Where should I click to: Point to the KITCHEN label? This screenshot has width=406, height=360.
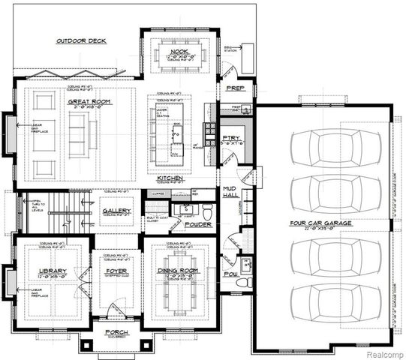pos(172,179)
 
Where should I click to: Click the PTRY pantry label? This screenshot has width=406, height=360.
pos(230,139)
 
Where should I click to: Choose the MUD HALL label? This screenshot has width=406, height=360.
pos(230,191)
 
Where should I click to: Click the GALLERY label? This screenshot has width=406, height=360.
pos(117,211)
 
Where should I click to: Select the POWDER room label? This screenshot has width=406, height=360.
pos(198,224)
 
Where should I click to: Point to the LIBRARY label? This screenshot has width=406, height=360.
pos(53,271)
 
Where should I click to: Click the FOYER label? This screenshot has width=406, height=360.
pos(116,271)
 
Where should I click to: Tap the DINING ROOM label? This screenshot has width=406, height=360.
pos(177,271)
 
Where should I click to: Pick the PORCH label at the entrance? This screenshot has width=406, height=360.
pos(116,331)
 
